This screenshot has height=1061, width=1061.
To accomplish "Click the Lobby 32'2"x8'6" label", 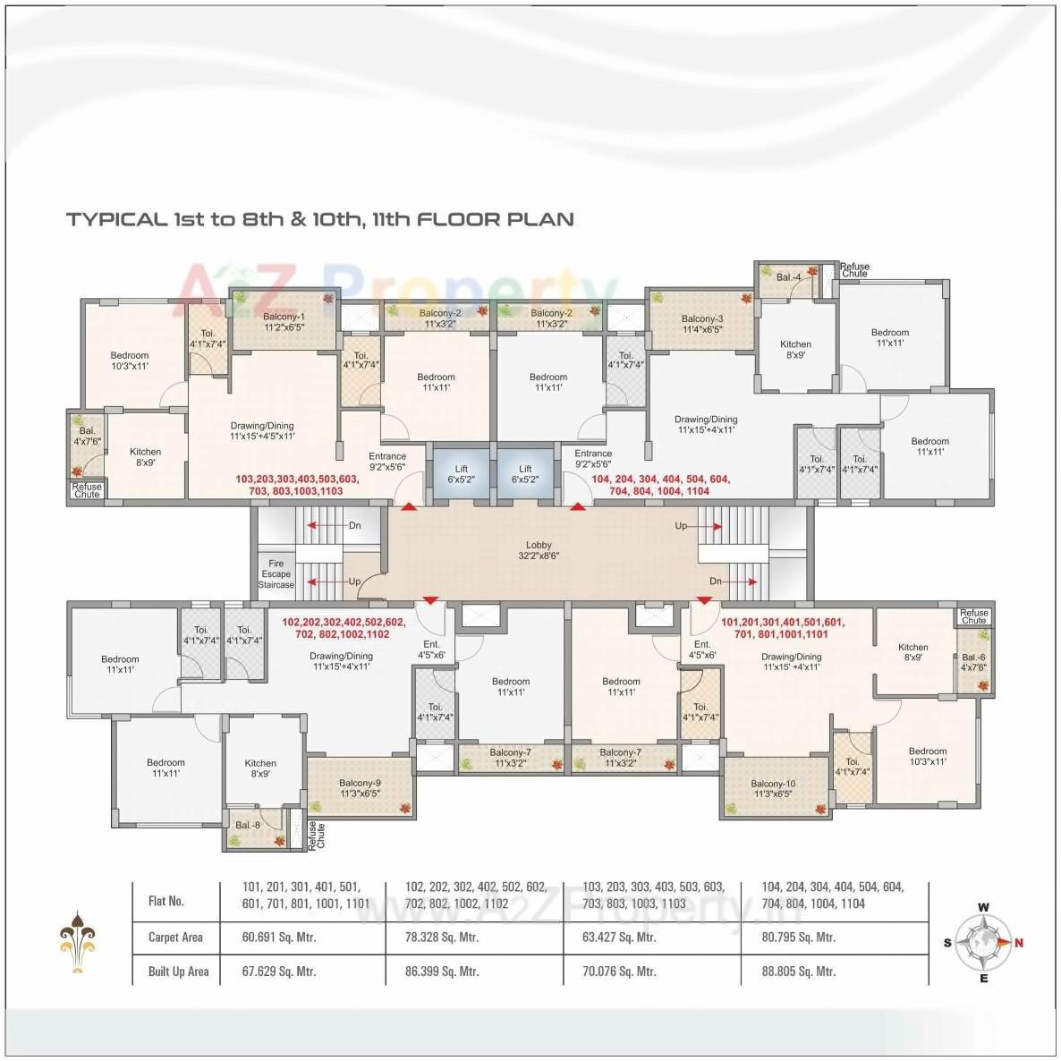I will (x=539, y=550).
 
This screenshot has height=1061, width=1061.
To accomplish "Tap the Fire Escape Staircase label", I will (x=276, y=574).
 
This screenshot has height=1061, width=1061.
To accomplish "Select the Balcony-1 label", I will (x=284, y=322).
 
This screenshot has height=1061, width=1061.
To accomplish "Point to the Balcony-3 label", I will (x=702, y=324).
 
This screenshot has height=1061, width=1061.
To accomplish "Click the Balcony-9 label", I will (x=360, y=788).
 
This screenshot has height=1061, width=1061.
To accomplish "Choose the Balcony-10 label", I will (x=774, y=788).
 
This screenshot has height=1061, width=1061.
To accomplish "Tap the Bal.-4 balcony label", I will (x=788, y=277).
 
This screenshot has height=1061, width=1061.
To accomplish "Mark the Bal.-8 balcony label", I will (x=248, y=825).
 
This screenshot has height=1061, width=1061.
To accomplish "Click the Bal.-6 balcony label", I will (x=974, y=662).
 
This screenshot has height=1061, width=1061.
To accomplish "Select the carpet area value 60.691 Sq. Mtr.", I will (x=279, y=938).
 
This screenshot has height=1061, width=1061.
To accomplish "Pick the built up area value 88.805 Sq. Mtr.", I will (x=798, y=972).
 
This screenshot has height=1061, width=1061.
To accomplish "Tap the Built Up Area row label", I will (x=178, y=972).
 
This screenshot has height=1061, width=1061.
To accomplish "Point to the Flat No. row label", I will (x=166, y=901).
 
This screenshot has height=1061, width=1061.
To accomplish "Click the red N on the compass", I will (x=1019, y=942).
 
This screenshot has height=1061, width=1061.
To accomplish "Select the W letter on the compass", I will (x=983, y=907).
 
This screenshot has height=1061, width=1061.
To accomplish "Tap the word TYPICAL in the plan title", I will (x=116, y=219).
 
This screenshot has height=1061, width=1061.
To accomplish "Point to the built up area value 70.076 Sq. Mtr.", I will (x=619, y=972).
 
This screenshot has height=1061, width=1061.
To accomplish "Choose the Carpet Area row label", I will (x=175, y=938).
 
